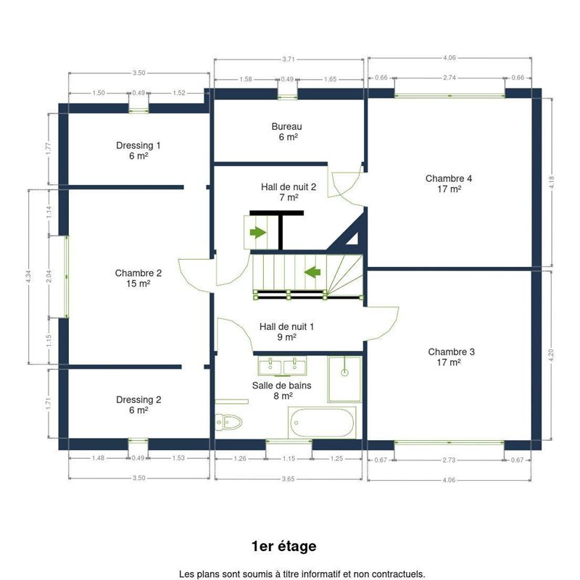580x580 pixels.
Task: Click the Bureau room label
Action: tap(286, 126)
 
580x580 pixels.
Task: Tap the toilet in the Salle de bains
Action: tap(228, 422)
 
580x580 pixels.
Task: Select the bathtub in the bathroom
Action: tap(321, 423)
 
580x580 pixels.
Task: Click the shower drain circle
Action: tap(344, 372)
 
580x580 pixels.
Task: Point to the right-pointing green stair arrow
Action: tap(258, 233)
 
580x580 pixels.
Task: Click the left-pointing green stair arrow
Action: tap(312, 272)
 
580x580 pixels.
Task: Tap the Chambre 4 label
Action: tap(449, 178)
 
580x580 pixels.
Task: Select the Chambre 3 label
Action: tap(451, 352)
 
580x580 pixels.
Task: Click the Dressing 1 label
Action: tap(138, 146)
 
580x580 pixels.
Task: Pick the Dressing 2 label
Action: tap(138, 400)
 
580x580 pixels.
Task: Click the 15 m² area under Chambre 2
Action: tap(138, 283)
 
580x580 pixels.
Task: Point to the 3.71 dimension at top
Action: tap(289, 59)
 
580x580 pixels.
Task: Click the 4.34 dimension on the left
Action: tap(28, 277)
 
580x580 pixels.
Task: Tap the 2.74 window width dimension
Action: tap(449, 78)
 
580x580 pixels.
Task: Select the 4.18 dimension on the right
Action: tap(552, 182)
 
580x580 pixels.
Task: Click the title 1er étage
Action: tap(283, 547)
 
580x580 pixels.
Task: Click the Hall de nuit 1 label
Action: tap(286, 327)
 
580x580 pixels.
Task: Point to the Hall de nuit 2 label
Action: tap(289, 187)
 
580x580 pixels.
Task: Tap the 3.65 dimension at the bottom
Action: tap(288, 479)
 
